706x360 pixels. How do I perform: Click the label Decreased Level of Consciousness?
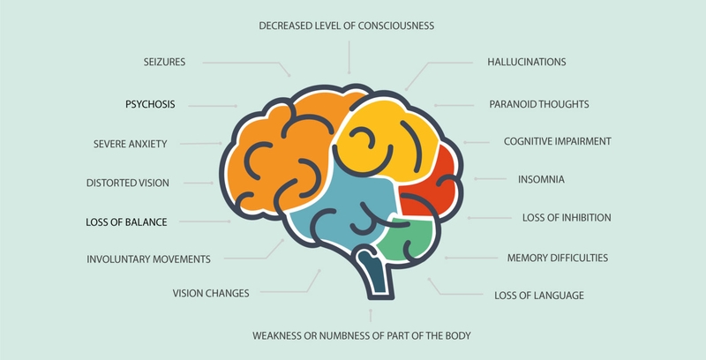pyautogui.click(x=346, y=26)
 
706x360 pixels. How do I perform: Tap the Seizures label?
pyautogui.click(x=164, y=62)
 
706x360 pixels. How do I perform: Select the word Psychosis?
pyautogui.click(x=150, y=104)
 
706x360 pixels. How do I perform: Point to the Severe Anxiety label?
pyautogui.click(x=130, y=144)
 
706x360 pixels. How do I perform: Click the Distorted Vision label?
pyautogui.click(x=128, y=184)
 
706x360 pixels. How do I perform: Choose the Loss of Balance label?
pyautogui.click(x=126, y=222)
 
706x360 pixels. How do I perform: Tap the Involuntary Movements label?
pyautogui.click(x=148, y=259)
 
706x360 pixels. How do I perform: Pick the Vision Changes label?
pyautogui.click(x=211, y=294)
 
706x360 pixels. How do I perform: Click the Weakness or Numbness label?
pyautogui.click(x=362, y=335)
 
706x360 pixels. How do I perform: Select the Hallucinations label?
pyautogui.click(x=527, y=62)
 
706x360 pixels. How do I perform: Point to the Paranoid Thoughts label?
pyautogui.click(x=539, y=104)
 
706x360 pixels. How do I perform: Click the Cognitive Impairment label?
pyautogui.click(x=558, y=141)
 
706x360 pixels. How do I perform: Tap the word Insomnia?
pyautogui.click(x=541, y=179)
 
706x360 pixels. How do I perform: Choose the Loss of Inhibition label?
pyautogui.click(x=567, y=218)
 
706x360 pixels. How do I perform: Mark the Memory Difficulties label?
pyautogui.click(x=558, y=258)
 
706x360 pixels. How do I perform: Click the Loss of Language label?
pyautogui.click(x=539, y=296)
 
